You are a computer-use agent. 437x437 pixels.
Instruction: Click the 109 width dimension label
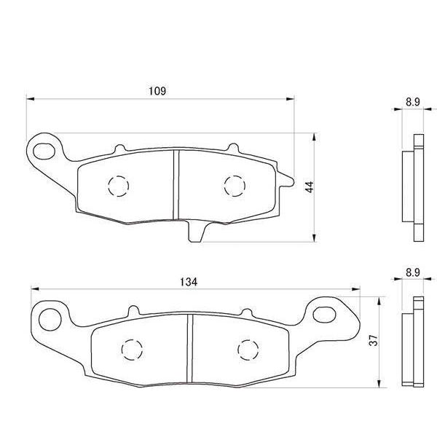point(159,91)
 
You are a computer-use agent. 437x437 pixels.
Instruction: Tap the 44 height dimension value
point(309,186)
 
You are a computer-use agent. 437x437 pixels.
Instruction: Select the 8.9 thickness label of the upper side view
point(412,103)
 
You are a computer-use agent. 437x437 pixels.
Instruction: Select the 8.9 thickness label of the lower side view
point(412,275)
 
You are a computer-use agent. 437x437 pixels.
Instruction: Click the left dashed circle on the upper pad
point(118,186)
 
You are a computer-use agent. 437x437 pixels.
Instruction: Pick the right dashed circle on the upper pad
point(234,186)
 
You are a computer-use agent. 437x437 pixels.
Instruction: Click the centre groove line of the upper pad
point(175,184)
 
